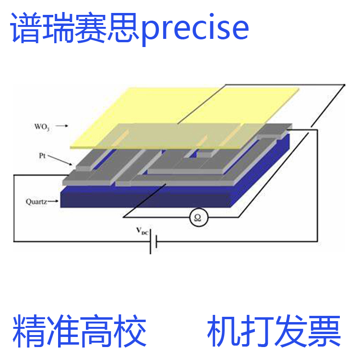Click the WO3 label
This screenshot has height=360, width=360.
[42, 127]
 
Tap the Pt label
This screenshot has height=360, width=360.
[42, 156]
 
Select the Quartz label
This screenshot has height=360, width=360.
[36, 202]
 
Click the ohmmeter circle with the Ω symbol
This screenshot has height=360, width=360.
[199, 217]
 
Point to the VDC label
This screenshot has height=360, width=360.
[142, 231]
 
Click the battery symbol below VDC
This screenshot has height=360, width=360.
[154, 241]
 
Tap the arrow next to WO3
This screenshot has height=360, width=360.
[62, 126]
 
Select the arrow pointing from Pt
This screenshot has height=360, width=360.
[60, 160]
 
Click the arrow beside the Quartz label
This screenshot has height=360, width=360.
[53, 201]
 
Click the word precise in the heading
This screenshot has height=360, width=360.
[195, 29]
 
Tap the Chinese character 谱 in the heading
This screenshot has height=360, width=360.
[26, 27]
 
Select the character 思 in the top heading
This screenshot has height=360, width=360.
[124, 27]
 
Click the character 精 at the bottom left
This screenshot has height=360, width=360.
[29, 331]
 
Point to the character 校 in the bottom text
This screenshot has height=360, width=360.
[130, 331]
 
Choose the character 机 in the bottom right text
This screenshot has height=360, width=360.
[224, 331]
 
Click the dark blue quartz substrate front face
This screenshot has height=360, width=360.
[145, 197]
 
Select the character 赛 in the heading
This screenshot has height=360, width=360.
[91, 27]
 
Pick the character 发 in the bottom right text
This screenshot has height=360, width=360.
[291, 331]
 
